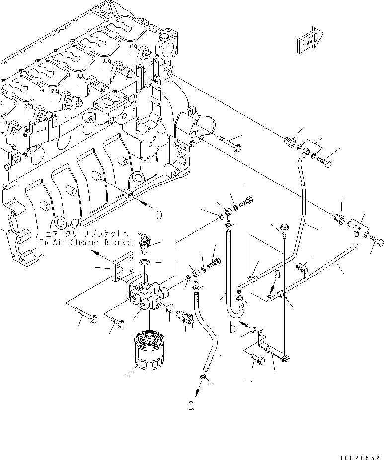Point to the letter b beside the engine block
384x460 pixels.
pyautogui.click(x=159, y=214)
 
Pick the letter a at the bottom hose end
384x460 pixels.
pyautogui.click(x=191, y=405)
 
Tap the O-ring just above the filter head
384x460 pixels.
pyautogui.click(x=145, y=262)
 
